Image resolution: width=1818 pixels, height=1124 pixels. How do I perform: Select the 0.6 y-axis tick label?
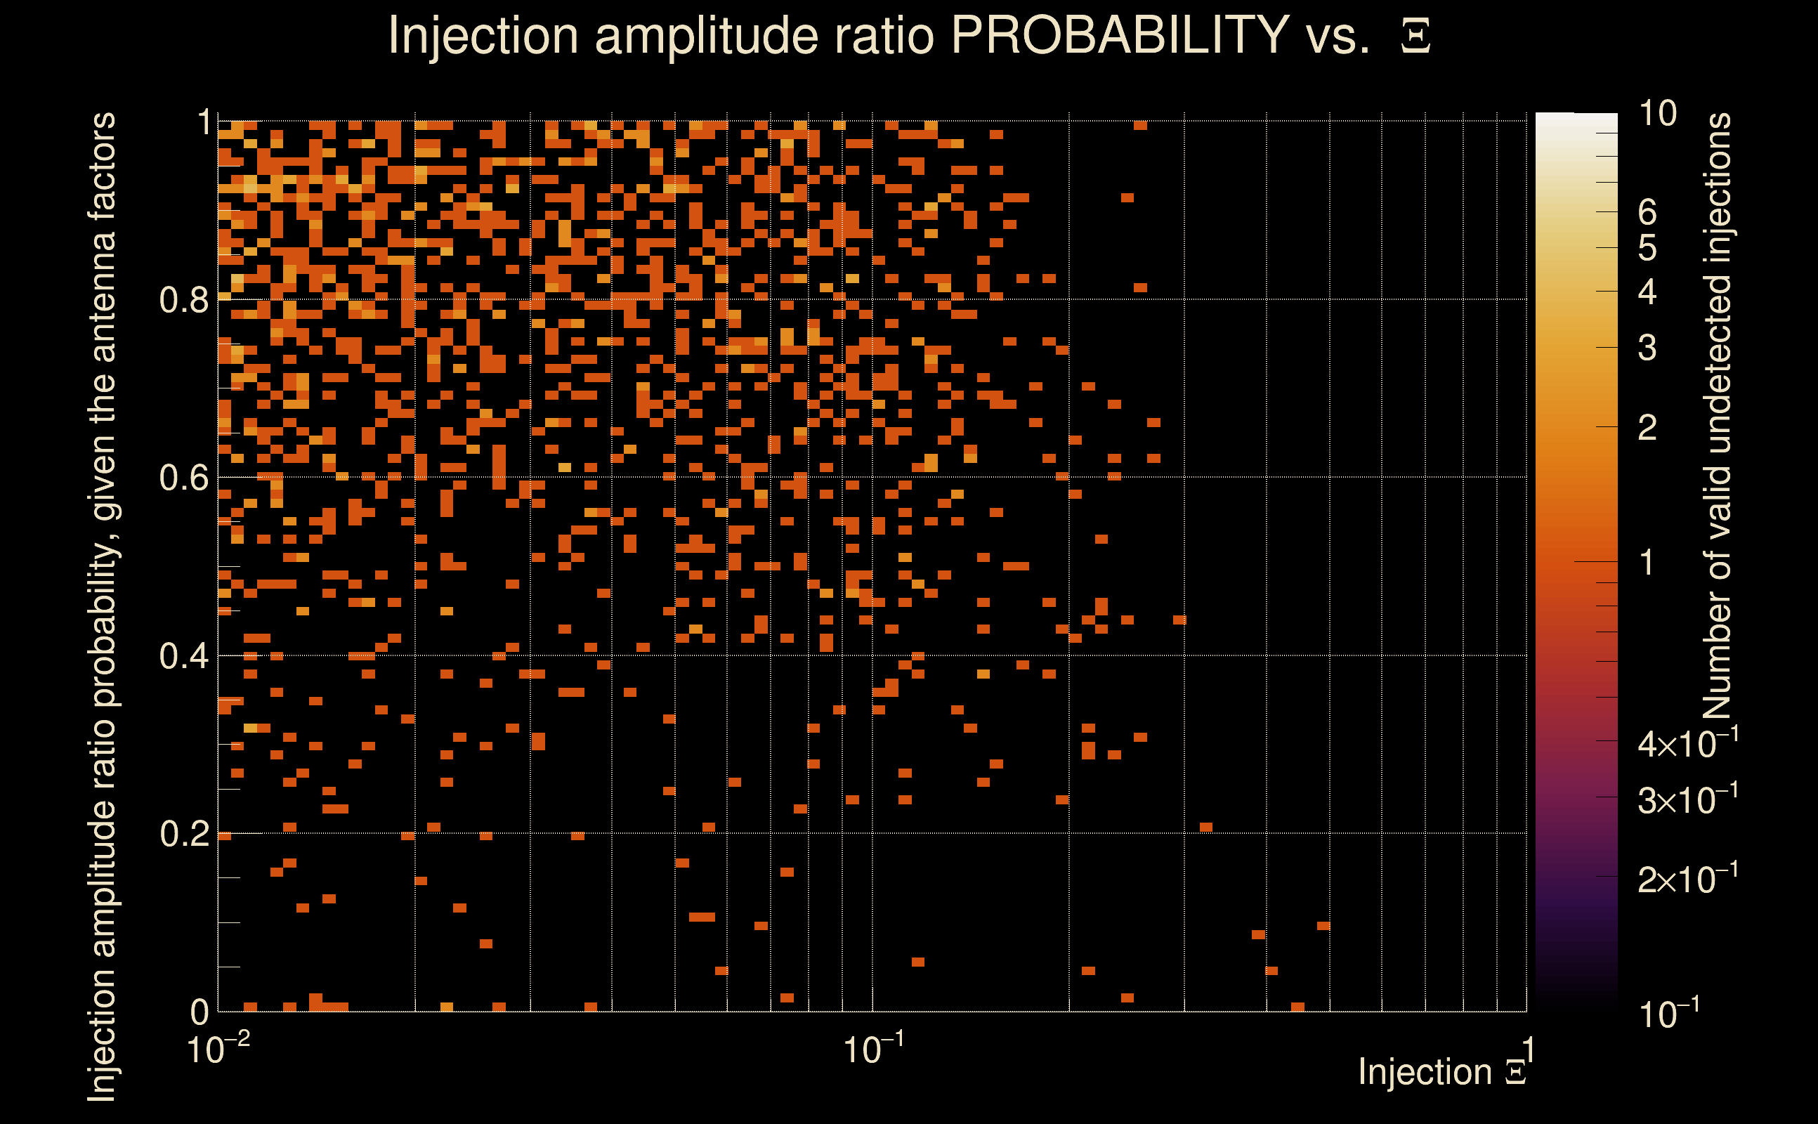(183, 477)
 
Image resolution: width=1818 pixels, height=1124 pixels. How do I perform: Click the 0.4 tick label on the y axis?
(183, 656)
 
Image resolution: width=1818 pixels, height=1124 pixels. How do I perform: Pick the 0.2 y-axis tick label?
(183, 834)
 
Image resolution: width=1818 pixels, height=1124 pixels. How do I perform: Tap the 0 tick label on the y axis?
(200, 1012)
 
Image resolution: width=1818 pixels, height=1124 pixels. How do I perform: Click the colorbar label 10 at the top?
(1657, 114)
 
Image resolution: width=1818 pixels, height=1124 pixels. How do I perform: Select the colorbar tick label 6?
(1647, 213)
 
